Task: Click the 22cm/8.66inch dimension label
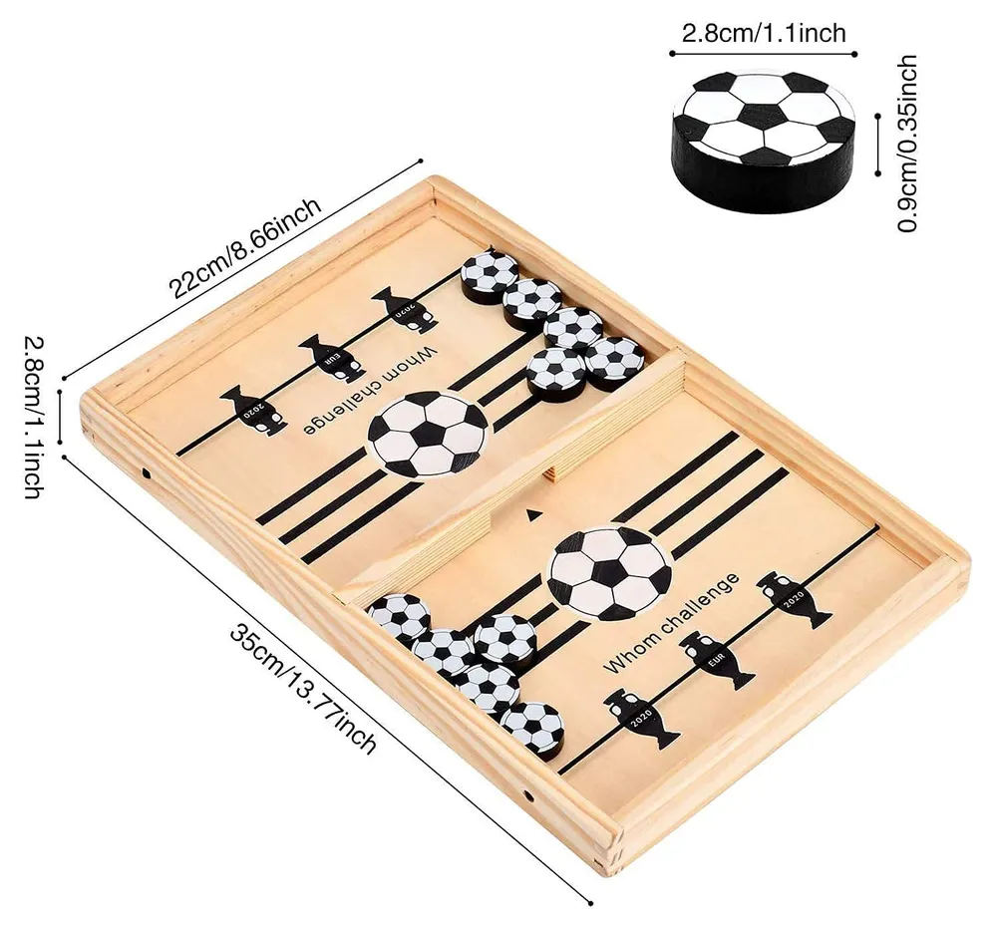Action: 245,247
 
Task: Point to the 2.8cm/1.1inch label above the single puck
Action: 764,32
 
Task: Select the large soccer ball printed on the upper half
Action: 429,433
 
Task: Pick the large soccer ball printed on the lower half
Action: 610,572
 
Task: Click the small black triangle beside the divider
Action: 531,515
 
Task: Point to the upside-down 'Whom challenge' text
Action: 370,390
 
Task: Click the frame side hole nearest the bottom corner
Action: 527,794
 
